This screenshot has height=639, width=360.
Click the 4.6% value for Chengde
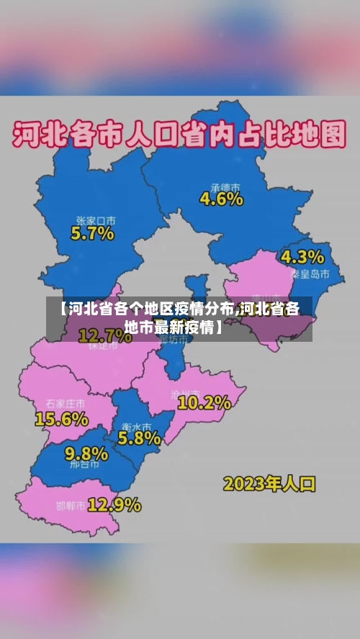tap(221, 199)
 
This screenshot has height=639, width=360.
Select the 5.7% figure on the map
tap(92, 233)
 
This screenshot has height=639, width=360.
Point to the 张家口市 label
tap(96, 220)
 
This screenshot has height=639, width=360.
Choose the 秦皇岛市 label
tap(310, 274)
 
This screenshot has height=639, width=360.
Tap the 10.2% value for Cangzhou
tap(204, 403)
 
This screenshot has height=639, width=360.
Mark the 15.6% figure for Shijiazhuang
tap(61, 417)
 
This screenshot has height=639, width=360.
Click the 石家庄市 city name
tap(65, 403)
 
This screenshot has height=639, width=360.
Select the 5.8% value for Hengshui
tap(139, 437)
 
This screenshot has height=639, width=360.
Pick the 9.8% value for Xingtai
tap(86, 453)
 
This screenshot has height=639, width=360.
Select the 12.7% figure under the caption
tap(104, 335)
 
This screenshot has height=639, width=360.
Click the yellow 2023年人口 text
tap(269, 483)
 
